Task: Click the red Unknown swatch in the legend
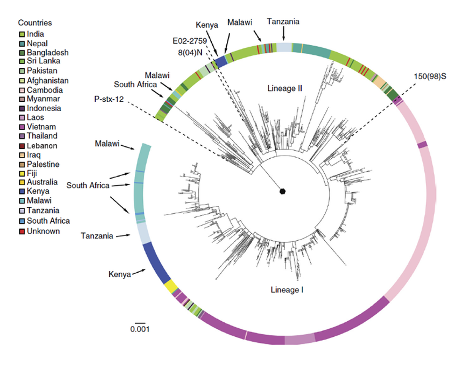tap(22, 231)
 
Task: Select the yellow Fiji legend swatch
tap(22, 173)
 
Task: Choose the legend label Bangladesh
tap(48, 52)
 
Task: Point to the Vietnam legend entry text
tap(41, 127)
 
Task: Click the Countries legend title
tap(35, 23)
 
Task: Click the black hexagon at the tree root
tap(283, 191)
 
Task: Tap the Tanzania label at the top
tap(283, 21)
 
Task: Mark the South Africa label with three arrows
tap(88, 186)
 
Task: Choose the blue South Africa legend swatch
tap(22, 220)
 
